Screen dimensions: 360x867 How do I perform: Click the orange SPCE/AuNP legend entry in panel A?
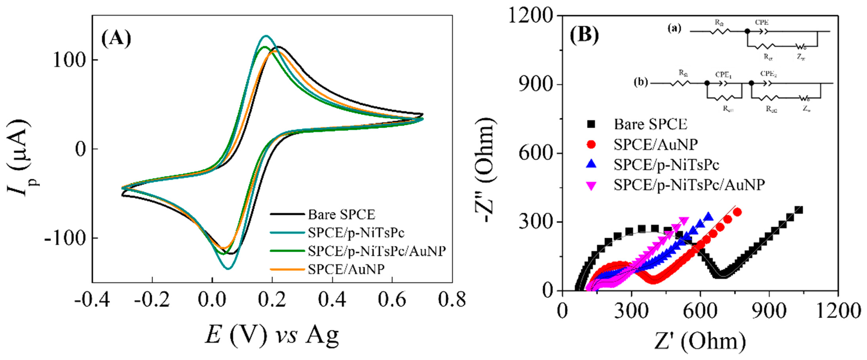(x=346, y=269)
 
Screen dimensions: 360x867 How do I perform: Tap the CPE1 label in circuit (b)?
(x=723, y=75)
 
